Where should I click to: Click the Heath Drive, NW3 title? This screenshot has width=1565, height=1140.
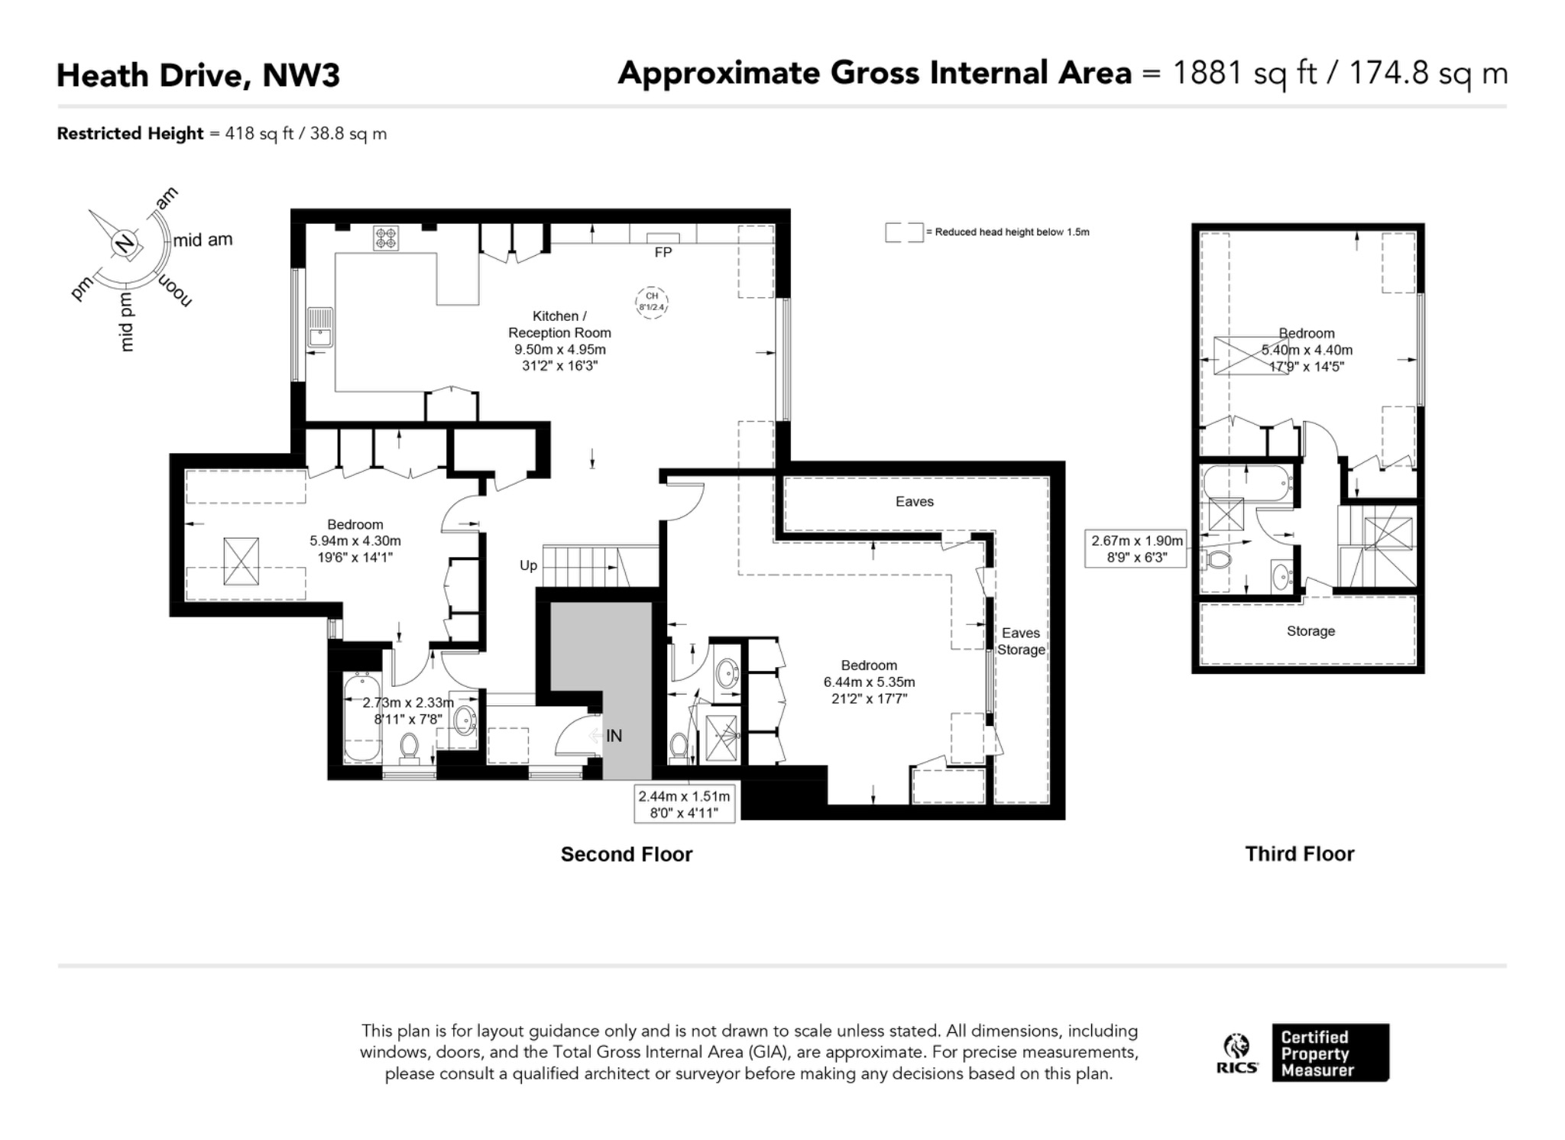tap(198, 75)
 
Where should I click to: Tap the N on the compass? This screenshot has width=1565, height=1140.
tap(125, 245)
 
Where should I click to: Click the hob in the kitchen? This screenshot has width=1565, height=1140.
tap(386, 238)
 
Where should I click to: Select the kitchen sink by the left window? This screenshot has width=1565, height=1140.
tap(320, 327)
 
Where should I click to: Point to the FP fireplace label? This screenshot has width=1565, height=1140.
tap(663, 252)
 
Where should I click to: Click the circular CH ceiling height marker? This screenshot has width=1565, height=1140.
tap(652, 302)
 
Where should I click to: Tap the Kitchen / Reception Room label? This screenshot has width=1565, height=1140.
tap(559, 324)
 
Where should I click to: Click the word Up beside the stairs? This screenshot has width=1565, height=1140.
tap(528, 565)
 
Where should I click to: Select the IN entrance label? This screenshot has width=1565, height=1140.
tap(614, 736)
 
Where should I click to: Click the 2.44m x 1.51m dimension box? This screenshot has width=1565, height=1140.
tap(685, 804)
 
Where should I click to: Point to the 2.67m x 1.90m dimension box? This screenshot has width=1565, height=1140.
tap(1136, 549)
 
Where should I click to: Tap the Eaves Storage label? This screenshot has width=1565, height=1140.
tap(1021, 641)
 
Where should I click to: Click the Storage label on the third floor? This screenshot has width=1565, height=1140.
tap(1311, 631)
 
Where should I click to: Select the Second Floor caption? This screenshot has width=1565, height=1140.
tap(627, 854)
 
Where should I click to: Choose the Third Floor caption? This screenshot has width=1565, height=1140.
tap(1300, 853)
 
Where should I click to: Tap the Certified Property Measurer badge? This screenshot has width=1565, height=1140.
tap(1330, 1053)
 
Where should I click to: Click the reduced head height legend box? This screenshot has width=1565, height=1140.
tap(904, 232)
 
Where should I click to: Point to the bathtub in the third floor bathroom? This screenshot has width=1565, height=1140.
tap(1247, 483)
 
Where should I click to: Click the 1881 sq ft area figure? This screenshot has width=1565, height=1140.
tap(1245, 73)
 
